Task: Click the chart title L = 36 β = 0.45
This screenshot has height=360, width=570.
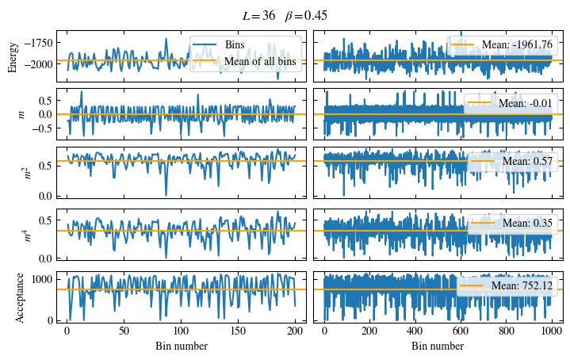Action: click(x=285, y=16)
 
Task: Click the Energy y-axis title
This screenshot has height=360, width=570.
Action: click(x=13, y=56)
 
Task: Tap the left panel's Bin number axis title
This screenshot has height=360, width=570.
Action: click(x=181, y=347)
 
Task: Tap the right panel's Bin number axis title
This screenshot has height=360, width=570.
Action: click(x=438, y=347)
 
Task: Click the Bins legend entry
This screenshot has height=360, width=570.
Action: click(x=235, y=45)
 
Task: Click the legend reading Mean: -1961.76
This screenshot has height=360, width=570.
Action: click(x=515, y=45)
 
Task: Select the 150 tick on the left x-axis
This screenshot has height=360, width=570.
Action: click(x=239, y=331)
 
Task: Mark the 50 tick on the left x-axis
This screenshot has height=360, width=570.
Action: click(x=124, y=331)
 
